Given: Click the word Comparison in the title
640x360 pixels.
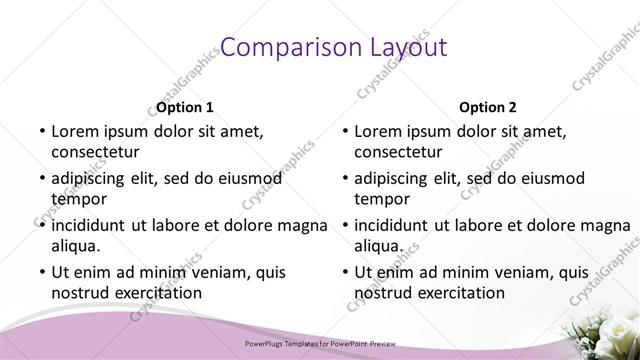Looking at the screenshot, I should coord(282,47).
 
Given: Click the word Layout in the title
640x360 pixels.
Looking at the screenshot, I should coord(399,47).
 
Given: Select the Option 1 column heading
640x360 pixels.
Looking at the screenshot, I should coord(185,107).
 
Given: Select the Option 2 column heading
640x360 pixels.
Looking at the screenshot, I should coord(488,107).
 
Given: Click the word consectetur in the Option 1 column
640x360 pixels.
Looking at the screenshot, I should coord(95,152).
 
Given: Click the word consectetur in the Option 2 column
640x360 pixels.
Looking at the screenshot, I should coord(398,152).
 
